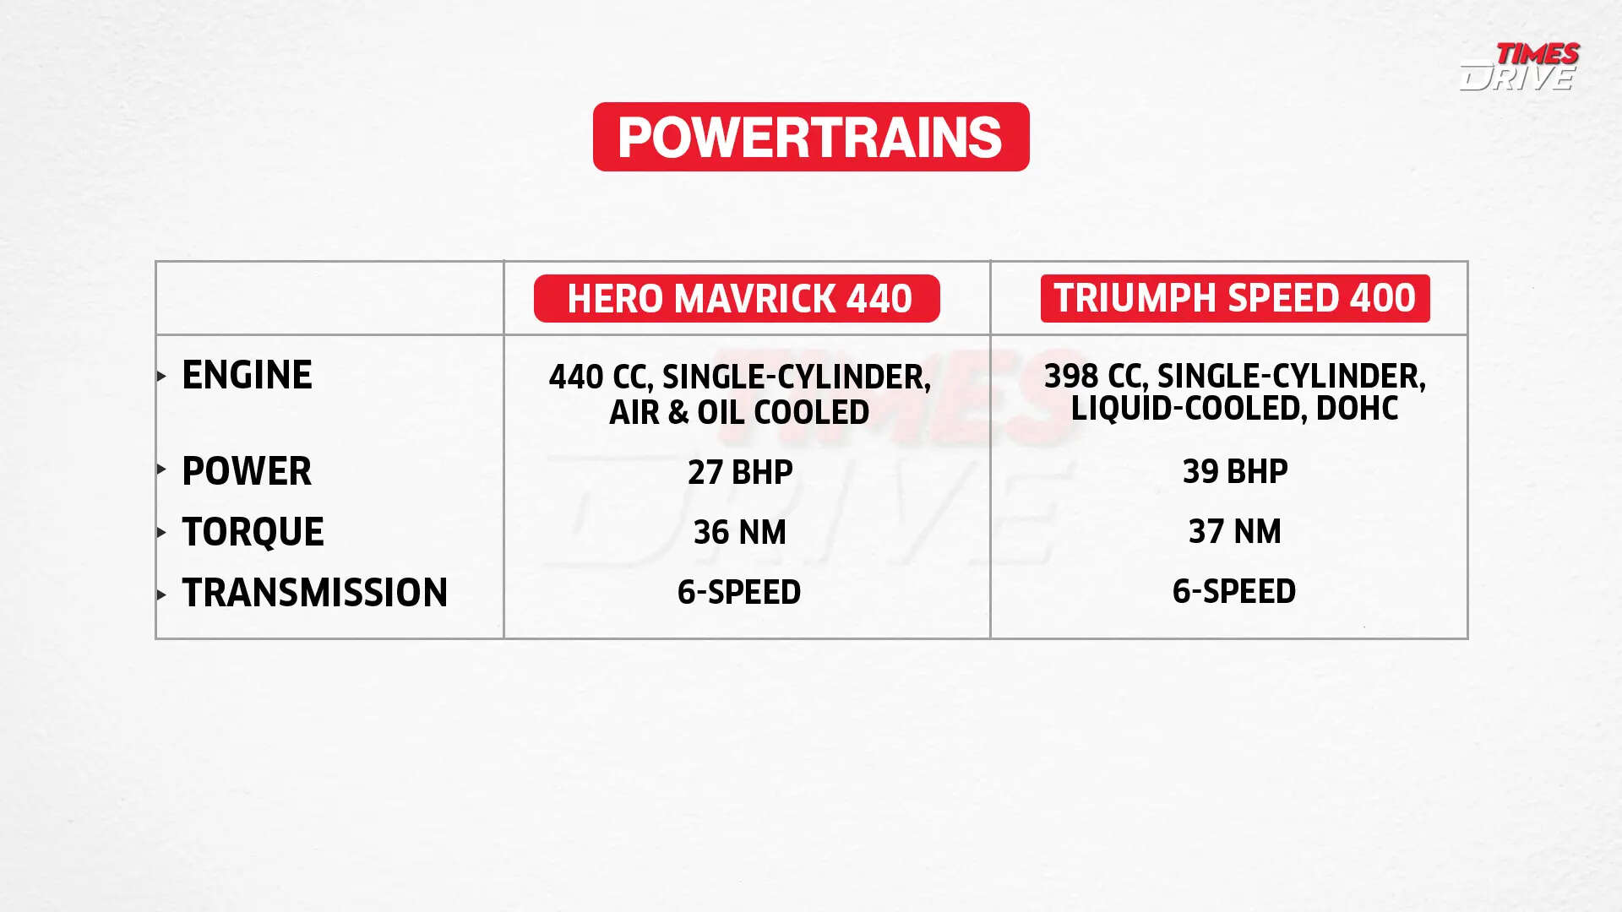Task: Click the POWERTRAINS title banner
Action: (x=811, y=137)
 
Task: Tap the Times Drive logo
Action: (x=1519, y=66)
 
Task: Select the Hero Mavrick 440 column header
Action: (x=737, y=298)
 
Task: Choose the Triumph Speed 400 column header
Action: (x=1234, y=298)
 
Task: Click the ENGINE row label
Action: (x=247, y=375)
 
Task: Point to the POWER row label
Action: (x=247, y=471)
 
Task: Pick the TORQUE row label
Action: (x=253, y=532)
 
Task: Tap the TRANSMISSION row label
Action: (x=314, y=593)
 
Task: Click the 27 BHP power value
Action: (x=740, y=472)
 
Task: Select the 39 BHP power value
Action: (x=1234, y=471)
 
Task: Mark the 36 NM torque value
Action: (x=739, y=532)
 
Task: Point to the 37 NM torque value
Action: (x=1234, y=531)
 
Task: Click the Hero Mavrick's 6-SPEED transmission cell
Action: (x=739, y=592)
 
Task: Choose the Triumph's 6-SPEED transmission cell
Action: (x=1233, y=591)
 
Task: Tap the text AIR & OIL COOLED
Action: (x=739, y=412)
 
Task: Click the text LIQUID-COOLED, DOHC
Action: (x=1234, y=408)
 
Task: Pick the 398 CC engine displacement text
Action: (x=1095, y=376)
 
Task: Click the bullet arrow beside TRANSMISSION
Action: (x=161, y=594)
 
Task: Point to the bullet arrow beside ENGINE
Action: (x=161, y=377)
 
